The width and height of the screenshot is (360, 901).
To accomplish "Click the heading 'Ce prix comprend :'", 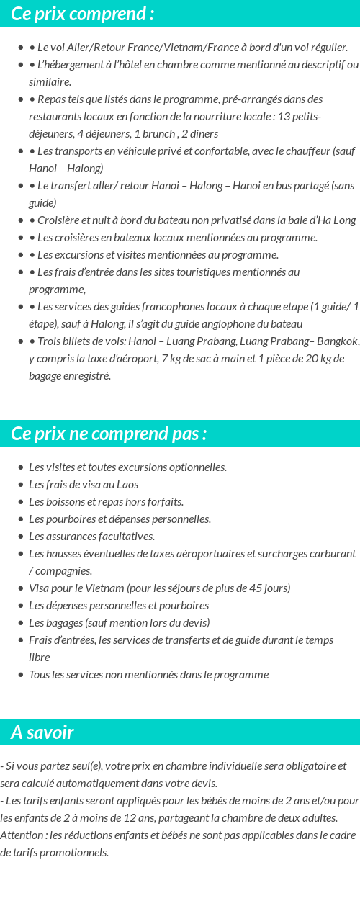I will pyautogui.click(x=83, y=14).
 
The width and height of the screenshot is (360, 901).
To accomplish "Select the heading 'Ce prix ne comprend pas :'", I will pyautogui.click(x=109, y=434).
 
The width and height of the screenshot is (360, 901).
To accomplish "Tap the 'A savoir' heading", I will pyautogui.click(x=42, y=733).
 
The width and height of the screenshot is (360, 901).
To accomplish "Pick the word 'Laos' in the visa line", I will pyautogui.click(x=127, y=484).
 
